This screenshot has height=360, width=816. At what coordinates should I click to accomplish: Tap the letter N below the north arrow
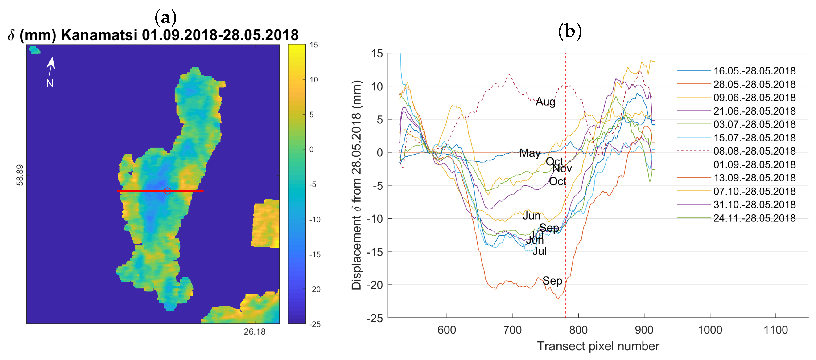point(50,83)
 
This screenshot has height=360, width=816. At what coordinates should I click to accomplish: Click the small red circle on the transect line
point(167,191)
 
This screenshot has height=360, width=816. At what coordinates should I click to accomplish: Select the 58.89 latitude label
point(20,175)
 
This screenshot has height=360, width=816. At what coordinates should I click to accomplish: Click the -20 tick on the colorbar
point(315,289)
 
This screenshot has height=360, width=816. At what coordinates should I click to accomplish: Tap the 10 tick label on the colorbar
point(314,79)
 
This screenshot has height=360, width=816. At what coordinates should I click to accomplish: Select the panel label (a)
point(165,17)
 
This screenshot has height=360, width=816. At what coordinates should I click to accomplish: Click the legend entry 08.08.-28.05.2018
point(754,151)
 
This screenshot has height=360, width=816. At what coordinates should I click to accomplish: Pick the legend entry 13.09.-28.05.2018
point(754,178)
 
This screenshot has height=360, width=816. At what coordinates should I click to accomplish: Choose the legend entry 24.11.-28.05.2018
point(754,218)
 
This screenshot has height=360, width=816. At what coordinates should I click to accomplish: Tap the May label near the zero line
point(530,153)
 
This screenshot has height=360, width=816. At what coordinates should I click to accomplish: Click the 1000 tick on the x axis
point(710,330)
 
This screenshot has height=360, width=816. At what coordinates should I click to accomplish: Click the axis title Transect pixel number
point(598,346)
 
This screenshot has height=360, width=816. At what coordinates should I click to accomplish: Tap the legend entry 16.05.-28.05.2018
point(754,71)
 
